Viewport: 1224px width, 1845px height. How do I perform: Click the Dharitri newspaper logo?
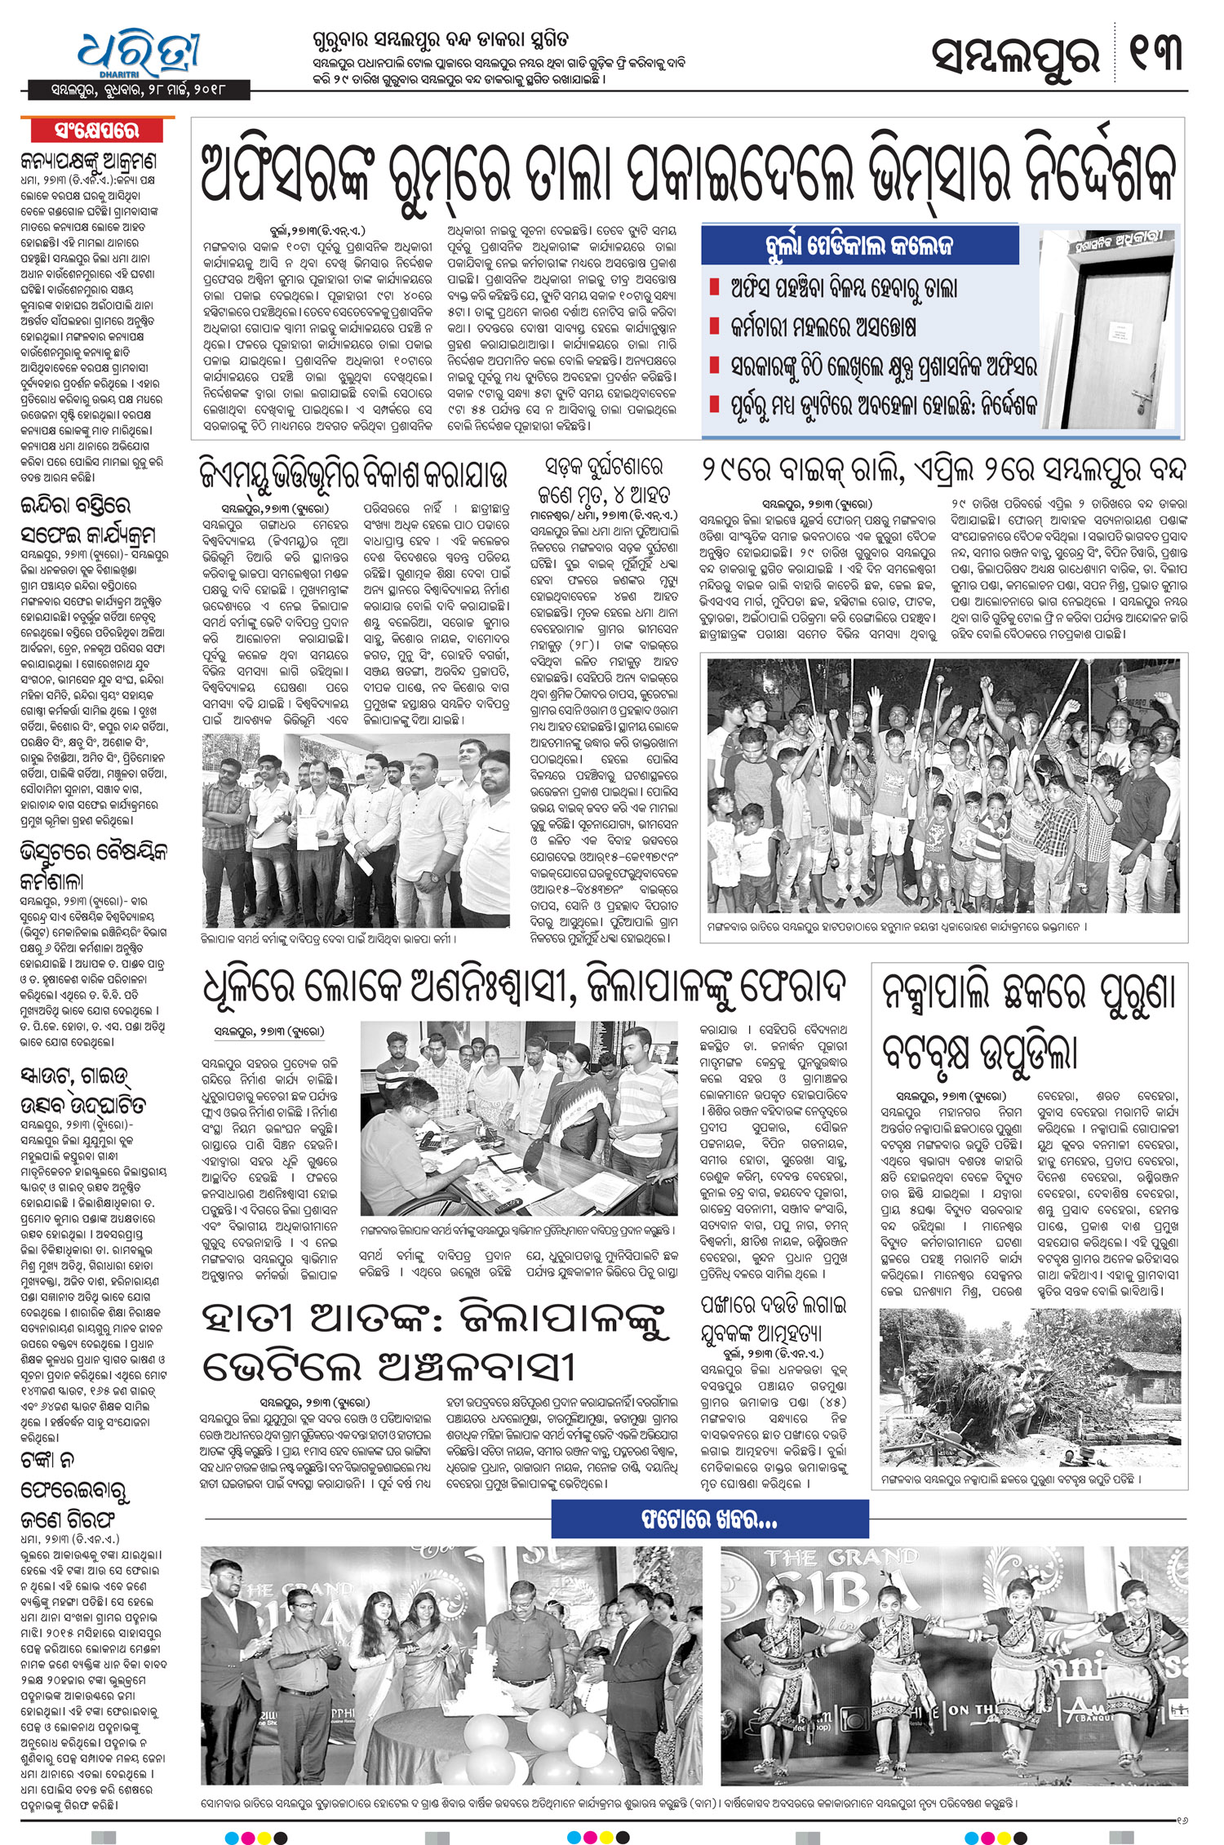(139, 54)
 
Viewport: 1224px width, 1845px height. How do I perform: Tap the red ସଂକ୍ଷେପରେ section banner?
(97, 131)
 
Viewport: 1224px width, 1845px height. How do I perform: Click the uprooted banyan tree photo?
(1030, 1387)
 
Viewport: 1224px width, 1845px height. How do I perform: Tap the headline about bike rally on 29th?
(942, 471)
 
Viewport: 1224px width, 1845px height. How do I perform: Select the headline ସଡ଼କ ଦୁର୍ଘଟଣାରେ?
(604, 468)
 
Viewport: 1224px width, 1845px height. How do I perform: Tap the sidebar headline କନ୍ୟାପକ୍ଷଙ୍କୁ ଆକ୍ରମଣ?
(89, 162)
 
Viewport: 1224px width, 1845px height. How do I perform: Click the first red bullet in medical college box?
(715, 287)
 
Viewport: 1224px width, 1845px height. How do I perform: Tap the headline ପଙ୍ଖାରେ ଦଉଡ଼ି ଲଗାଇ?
(762, 1305)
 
